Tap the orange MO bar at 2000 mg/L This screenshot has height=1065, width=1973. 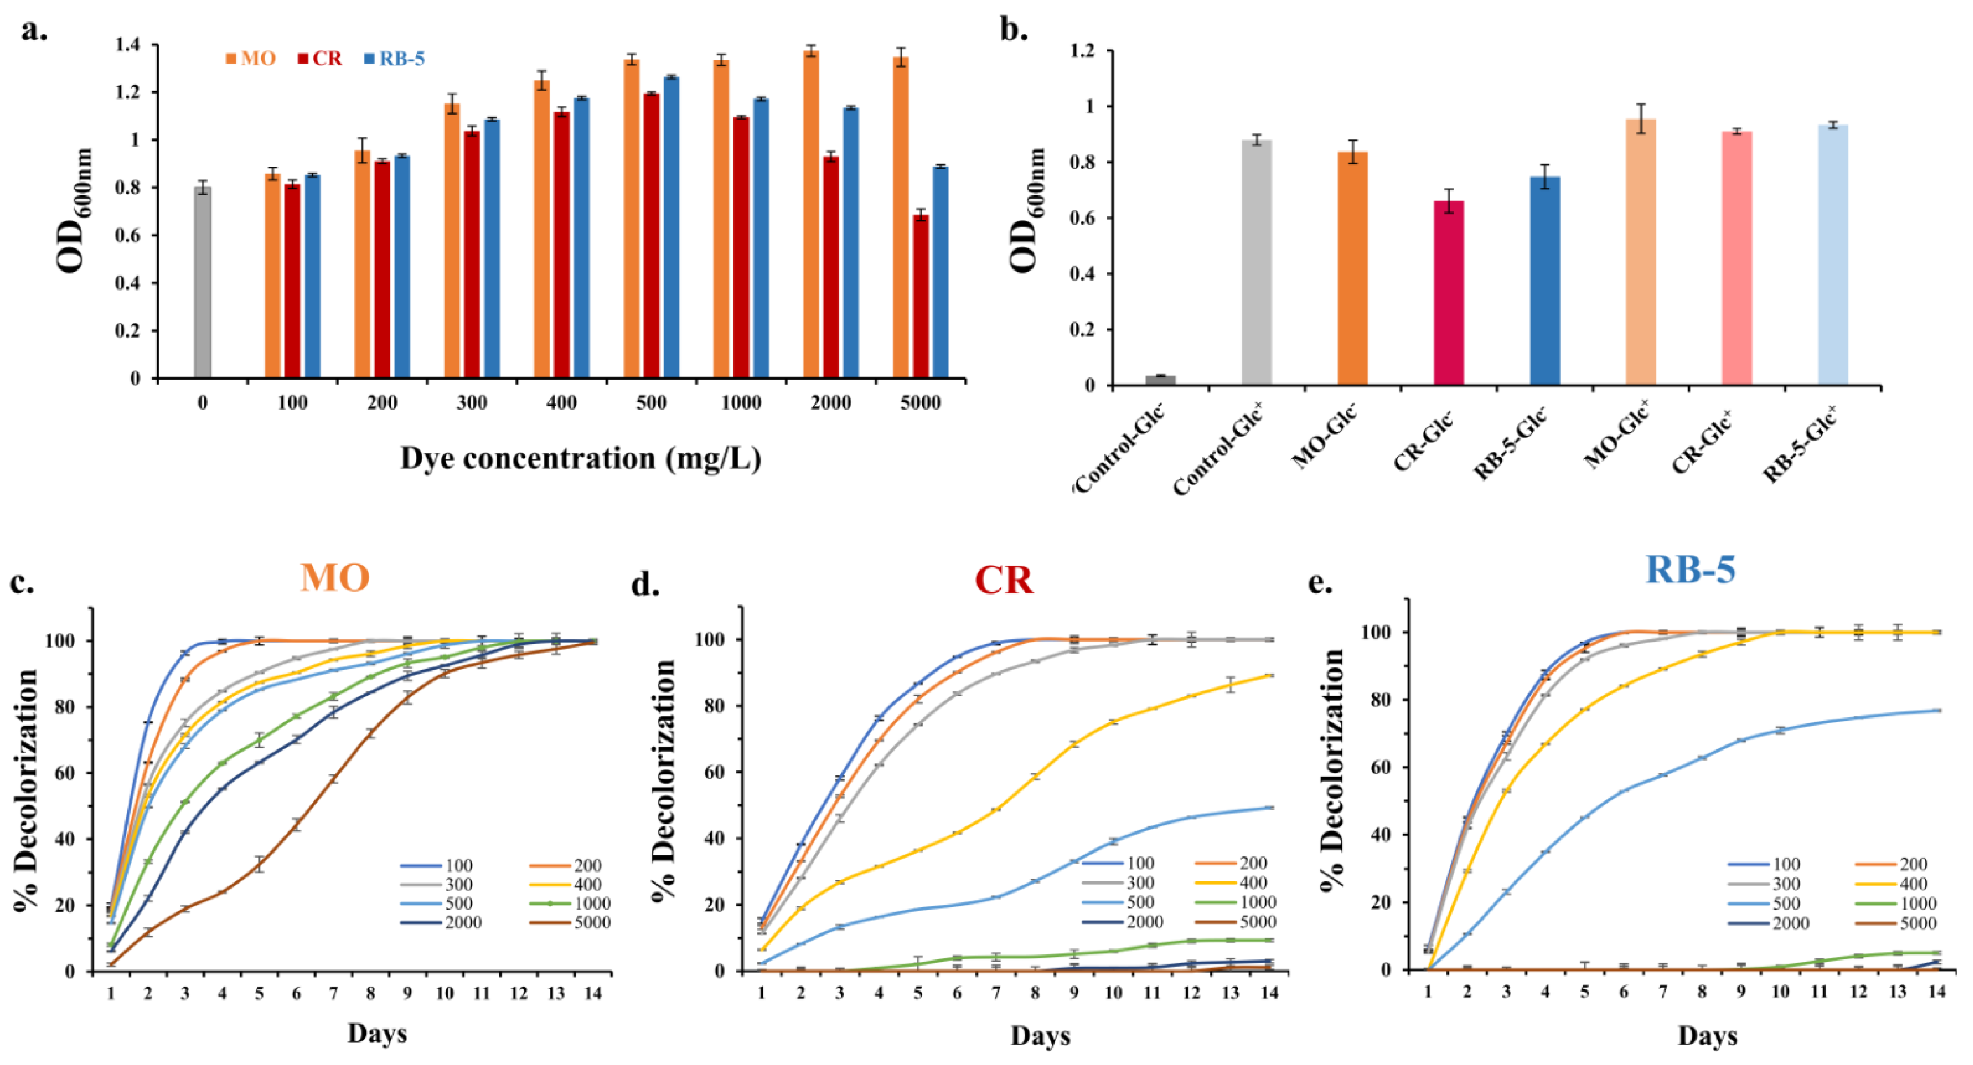pyautogui.click(x=811, y=214)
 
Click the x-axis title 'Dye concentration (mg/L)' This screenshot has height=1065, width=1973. pyautogui.click(x=580, y=458)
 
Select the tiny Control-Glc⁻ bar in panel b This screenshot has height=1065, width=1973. pyautogui.click(x=1160, y=380)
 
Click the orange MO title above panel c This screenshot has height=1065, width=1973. pyautogui.click(x=335, y=577)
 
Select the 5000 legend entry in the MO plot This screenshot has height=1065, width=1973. pyautogui.click(x=570, y=923)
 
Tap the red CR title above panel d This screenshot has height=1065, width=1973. pyautogui.click(x=1004, y=580)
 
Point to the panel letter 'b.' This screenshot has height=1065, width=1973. pyautogui.click(x=1014, y=30)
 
